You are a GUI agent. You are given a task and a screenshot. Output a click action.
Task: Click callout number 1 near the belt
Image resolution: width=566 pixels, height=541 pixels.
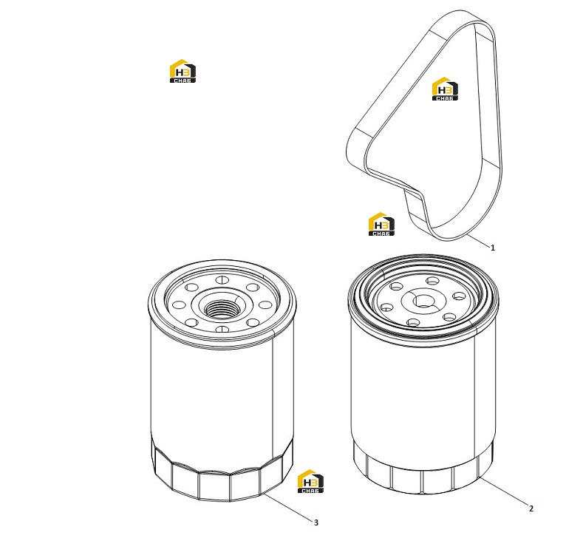(492, 248)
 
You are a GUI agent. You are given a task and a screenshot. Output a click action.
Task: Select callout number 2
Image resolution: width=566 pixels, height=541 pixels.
(531, 508)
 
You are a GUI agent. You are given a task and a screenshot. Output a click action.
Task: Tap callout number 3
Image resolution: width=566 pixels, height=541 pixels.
(316, 523)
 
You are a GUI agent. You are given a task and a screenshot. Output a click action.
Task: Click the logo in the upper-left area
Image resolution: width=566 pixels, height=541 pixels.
(183, 71)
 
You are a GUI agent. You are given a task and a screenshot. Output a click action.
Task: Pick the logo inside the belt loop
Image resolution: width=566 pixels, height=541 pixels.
(445, 89)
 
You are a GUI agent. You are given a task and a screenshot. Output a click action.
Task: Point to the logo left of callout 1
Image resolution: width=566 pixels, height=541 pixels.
(381, 224)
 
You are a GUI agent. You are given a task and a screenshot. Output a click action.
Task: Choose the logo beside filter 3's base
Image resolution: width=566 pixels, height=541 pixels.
(310, 481)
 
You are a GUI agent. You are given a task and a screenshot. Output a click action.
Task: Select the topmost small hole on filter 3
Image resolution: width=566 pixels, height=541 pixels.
(222, 279)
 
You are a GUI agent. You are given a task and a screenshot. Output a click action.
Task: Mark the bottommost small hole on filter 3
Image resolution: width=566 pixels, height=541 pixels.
(222, 329)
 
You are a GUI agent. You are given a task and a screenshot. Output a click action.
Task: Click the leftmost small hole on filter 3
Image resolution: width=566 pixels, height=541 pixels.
(179, 305)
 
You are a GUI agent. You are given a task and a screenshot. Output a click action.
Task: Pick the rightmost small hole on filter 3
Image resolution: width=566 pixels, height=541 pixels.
(265, 305)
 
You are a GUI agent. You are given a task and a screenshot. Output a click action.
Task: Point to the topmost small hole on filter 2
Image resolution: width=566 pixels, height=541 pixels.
(432, 280)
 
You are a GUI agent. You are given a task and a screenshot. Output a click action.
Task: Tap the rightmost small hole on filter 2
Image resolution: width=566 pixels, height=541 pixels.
(459, 296)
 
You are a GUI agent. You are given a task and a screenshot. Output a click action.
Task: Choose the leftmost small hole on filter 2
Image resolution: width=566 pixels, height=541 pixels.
(387, 307)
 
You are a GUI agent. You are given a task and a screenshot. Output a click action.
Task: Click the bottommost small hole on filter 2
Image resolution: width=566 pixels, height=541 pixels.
(413, 322)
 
